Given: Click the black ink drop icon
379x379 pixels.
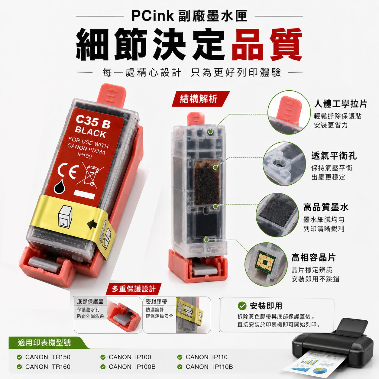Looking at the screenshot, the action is coord(60,186).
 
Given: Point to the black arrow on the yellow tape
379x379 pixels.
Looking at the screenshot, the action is coord(92,224).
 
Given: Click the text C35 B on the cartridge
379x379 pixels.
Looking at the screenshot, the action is coord(93,121).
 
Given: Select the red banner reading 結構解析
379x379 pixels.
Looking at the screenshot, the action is coord(201,99).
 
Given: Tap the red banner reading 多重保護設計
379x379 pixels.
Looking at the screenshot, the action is coord(134,289).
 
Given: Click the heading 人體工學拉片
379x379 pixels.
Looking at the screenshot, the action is coord(340,104).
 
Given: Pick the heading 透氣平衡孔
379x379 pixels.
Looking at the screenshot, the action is coord(334,156).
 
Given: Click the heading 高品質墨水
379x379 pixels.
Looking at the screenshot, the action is coord(326,207).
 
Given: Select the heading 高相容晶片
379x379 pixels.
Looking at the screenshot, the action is coord(313,258).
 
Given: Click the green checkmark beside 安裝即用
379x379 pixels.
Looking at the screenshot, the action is coord(242,306).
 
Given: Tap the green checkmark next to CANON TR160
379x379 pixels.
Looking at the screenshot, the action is coord(19,367).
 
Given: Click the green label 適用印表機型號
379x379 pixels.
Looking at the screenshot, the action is coord(44,343).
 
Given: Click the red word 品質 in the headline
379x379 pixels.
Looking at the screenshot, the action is coord(267,45).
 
